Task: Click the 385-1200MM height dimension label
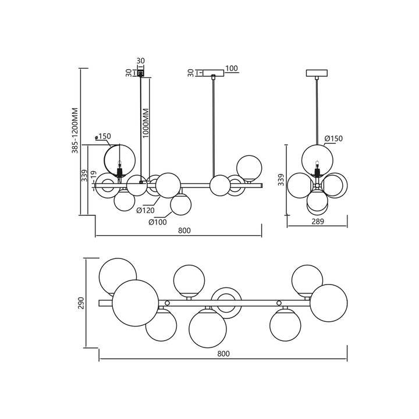(75, 130)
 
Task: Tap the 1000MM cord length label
(146, 123)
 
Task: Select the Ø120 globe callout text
(145, 211)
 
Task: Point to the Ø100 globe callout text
(158, 222)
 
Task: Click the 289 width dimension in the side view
(318, 221)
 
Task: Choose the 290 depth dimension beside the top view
(81, 303)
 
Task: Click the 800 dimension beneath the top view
(223, 354)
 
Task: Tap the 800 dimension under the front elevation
(184, 230)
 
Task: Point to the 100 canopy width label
(232, 69)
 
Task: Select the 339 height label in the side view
(281, 180)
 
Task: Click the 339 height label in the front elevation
(84, 175)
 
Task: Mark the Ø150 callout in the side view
(334, 139)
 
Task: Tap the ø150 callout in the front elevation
(103, 136)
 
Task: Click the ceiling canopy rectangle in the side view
(317, 73)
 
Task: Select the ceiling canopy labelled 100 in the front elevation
(213, 73)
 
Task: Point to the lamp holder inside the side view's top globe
(317, 169)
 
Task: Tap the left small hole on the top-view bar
(167, 303)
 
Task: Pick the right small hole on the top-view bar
(279, 303)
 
